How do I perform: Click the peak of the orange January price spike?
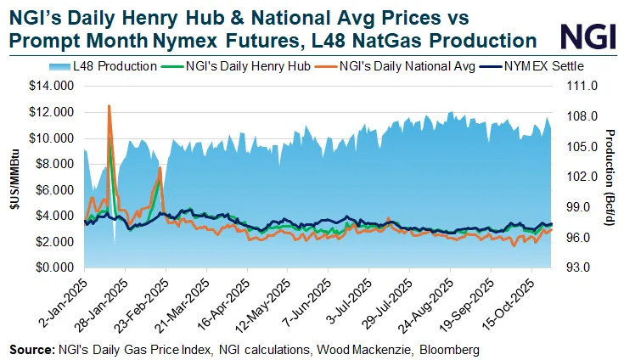pos(109,106)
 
